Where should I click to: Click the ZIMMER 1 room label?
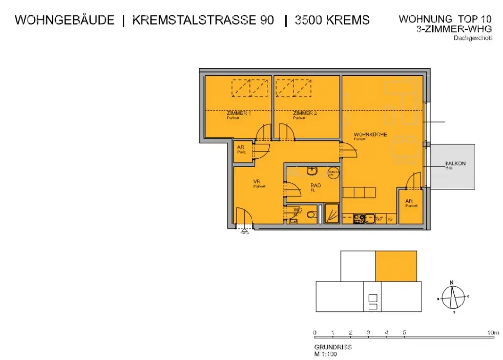239,113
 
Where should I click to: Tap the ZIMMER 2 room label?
305,113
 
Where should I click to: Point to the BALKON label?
455,164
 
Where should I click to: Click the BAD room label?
315,185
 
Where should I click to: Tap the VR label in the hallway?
257,182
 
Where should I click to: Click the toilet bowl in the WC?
310,215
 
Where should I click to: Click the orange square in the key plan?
396,266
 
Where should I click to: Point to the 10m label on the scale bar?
493,332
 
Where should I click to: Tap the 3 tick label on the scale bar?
368,332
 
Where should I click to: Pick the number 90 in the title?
265,20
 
